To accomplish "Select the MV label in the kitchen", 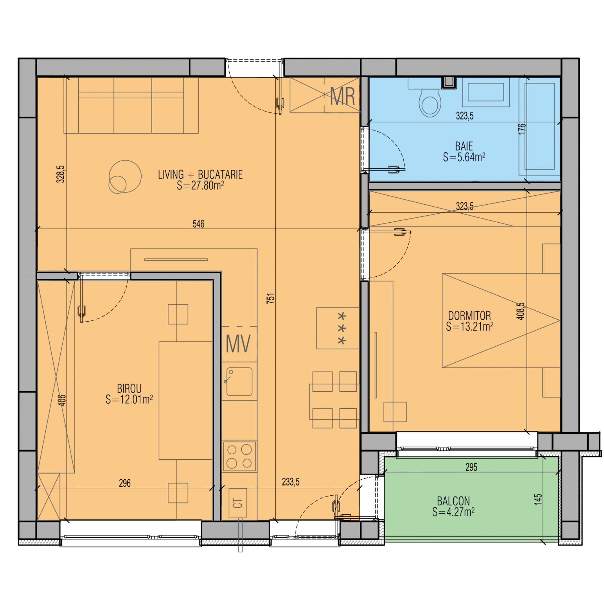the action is [x=238, y=344].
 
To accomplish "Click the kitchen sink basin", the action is [x=239, y=381].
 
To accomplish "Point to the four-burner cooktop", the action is [x=239, y=456].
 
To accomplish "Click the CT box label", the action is [x=238, y=503].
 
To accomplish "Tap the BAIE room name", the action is [x=464, y=146].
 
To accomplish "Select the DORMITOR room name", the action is [x=469, y=315].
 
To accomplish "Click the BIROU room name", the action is [x=129, y=388].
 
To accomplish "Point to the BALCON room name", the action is [x=453, y=501].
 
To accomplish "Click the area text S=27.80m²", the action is [x=200, y=185].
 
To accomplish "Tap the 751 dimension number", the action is [x=271, y=298].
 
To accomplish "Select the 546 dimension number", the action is [x=198, y=224].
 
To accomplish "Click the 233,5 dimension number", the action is [x=290, y=482].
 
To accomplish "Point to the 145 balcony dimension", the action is [x=538, y=499].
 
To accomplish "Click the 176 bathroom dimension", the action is [x=522, y=129].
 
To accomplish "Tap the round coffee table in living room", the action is [x=125, y=177].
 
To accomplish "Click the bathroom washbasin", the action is [x=486, y=92].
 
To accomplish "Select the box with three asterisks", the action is [x=338, y=328].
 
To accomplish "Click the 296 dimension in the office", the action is [x=125, y=483].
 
